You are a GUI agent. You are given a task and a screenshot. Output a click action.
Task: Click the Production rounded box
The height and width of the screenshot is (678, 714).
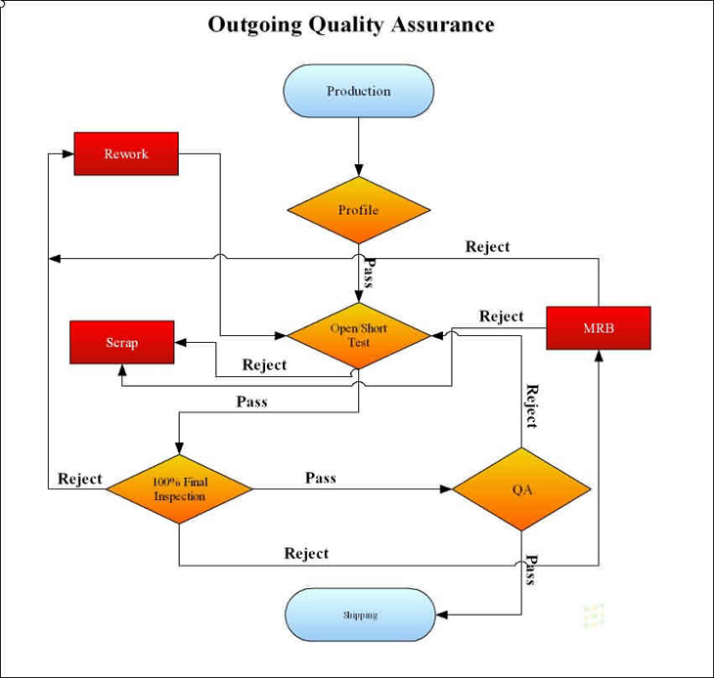pyautogui.click(x=358, y=91)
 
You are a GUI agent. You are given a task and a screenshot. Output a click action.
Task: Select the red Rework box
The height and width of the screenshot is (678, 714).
pyautogui.click(x=126, y=154)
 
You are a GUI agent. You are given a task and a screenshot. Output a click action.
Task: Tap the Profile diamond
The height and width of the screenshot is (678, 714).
pyautogui.click(x=358, y=210)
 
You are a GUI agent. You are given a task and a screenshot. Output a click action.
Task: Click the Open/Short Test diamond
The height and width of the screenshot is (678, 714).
pyautogui.click(x=358, y=335)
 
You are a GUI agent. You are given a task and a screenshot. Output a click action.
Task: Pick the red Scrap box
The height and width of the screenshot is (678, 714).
pyautogui.click(x=122, y=343)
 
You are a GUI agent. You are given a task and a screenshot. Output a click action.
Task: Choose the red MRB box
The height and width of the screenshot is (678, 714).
pyautogui.click(x=598, y=328)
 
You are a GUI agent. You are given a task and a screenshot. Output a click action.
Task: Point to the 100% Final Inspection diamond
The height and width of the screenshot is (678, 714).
pyautogui.click(x=179, y=488)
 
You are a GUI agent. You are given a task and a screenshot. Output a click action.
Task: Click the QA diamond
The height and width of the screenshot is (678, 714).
pyautogui.click(x=521, y=488)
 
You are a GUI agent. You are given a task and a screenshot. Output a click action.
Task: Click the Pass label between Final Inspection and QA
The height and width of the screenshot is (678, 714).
pyautogui.click(x=320, y=478)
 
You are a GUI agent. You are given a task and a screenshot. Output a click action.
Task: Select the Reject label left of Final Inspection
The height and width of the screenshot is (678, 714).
pyautogui.click(x=79, y=479)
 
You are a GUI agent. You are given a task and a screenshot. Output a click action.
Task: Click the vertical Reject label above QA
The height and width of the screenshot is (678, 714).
pyautogui.click(x=532, y=406)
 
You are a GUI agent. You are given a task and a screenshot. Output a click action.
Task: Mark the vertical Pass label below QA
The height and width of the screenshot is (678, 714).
pyautogui.click(x=531, y=570)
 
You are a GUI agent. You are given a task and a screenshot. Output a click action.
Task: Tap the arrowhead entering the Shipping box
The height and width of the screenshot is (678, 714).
pyautogui.click(x=440, y=615)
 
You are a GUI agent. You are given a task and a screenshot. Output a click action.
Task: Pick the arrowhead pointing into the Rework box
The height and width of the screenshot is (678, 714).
pyautogui.click(x=67, y=154)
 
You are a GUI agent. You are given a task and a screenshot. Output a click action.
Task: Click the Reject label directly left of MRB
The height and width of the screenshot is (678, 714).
pyautogui.click(x=501, y=317)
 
